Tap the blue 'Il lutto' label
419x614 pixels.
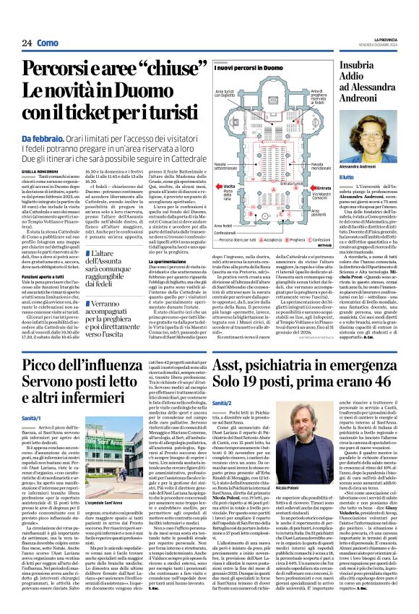347,177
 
